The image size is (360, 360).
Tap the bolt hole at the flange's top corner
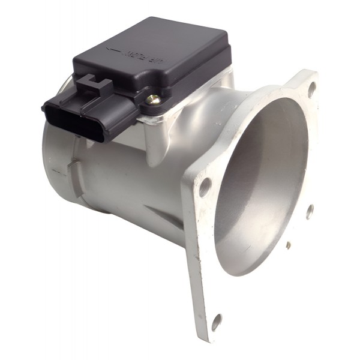point(312,89)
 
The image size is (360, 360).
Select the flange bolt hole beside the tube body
point(205,187)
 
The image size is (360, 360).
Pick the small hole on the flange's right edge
point(310,211)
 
